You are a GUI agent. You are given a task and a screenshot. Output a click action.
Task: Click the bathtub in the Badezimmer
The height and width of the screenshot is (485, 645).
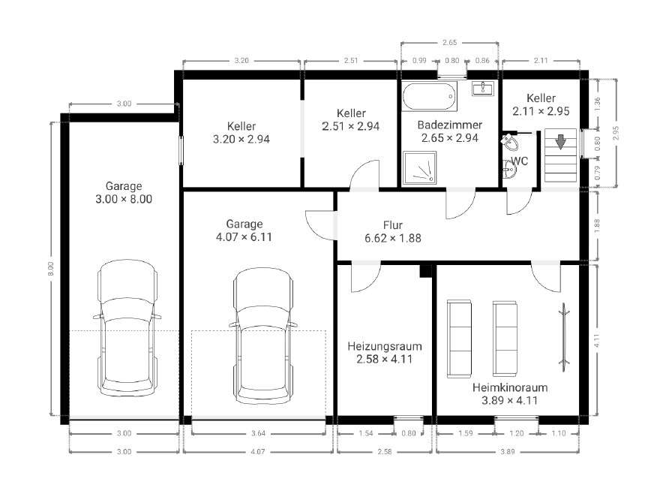(x=430, y=96)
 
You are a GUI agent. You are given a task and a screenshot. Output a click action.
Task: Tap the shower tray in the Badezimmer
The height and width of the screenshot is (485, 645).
(x=419, y=167)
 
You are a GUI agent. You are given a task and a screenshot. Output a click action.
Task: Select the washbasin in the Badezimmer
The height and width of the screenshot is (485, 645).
(x=483, y=88)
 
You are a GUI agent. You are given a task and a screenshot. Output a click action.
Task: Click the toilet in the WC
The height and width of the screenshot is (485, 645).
(x=510, y=142)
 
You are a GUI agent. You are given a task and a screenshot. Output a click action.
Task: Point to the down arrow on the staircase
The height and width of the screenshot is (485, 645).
(x=560, y=142)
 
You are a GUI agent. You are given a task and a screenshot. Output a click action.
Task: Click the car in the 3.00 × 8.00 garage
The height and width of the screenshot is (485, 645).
(x=127, y=328)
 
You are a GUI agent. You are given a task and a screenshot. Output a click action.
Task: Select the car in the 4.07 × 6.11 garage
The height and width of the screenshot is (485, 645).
(x=263, y=336)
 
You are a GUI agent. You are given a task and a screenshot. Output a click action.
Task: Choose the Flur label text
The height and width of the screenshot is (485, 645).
(x=393, y=225)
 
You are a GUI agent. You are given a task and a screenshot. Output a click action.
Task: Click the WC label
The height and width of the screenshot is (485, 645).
(x=520, y=161)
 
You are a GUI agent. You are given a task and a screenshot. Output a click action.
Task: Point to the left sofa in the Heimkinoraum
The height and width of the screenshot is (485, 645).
(x=459, y=339)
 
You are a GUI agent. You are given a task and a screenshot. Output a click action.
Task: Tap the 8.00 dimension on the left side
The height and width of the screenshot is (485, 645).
(x=50, y=269)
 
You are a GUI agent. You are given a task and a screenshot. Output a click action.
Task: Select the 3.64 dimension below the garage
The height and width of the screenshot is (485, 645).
(x=258, y=433)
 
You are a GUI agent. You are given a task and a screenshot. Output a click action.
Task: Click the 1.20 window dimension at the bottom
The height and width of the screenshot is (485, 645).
(x=517, y=433)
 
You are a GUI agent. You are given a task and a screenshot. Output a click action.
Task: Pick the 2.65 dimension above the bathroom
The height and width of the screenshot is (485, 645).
(x=449, y=42)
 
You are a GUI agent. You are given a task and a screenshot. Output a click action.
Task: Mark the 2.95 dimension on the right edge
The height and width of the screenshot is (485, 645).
(x=616, y=133)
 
